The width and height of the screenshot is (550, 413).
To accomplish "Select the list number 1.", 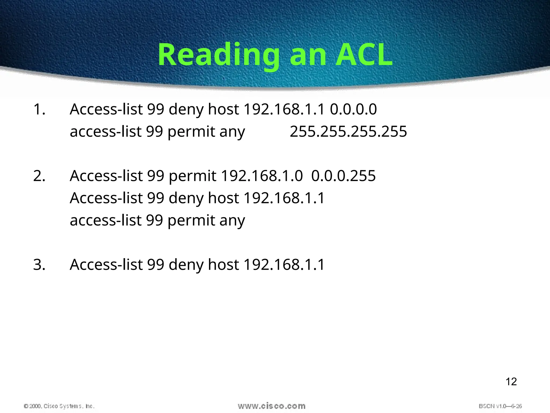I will tap(39, 109).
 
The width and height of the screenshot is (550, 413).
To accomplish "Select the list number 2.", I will tap(39, 176).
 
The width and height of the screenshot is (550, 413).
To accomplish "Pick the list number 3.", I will tap(39, 265).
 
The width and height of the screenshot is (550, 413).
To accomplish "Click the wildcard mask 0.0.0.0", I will tap(353, 109).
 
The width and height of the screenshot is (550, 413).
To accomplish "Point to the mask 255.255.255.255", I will tap(348, 132).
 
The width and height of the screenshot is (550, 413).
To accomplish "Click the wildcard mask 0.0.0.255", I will tap(343, 176).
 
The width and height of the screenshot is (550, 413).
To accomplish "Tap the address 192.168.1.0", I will tap(262, 176).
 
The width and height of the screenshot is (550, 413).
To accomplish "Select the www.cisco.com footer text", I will tap(272, 406).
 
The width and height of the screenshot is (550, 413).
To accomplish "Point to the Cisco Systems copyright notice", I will tap(59, 406).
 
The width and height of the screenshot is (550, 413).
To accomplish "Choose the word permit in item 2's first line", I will tap(192, 177).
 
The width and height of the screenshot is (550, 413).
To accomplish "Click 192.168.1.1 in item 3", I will tap(284, 265).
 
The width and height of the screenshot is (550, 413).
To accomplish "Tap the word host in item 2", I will tap(223, 198).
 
